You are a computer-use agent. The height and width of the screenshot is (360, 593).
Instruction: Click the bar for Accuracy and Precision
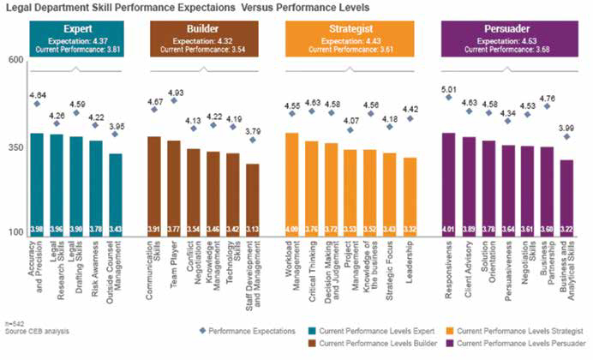37,184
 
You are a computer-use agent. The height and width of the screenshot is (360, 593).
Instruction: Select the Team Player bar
173,189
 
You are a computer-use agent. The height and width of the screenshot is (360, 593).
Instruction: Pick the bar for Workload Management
291,184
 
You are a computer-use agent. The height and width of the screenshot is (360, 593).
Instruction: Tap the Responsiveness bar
447,184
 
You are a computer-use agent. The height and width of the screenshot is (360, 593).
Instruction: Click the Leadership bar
410,196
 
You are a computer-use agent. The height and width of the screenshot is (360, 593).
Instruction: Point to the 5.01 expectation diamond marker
448,98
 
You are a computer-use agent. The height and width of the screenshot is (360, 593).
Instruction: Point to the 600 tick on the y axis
15,59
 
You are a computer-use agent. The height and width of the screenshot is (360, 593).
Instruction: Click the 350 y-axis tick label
15,147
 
